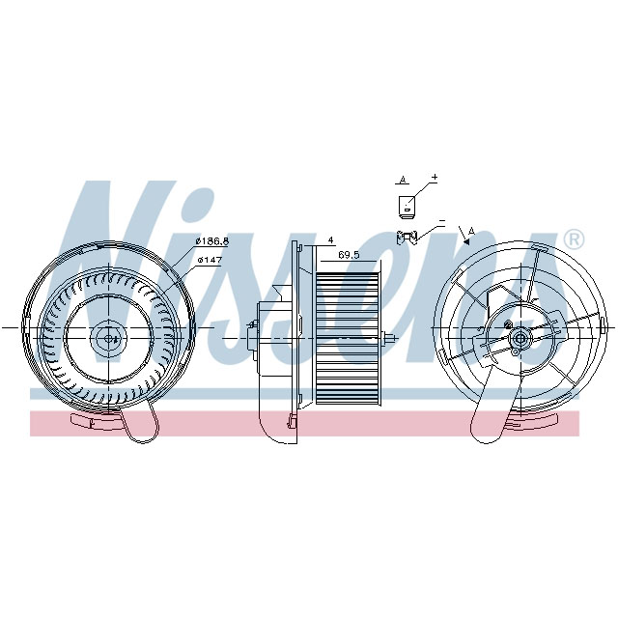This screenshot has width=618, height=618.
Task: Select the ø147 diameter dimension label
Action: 211,260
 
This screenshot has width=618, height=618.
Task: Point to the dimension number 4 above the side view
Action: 330,239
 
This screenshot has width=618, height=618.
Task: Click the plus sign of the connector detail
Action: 435,178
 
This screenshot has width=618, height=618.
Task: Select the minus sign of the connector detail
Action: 440,222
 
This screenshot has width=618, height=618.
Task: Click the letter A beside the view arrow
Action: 471,230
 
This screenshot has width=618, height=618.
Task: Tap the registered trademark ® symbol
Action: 573,239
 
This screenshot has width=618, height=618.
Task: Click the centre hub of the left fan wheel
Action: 106,337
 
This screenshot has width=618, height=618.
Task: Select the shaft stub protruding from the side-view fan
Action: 390,338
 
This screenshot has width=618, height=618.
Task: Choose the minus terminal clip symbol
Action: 409,236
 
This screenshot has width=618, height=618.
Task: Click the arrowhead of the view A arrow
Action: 465,243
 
